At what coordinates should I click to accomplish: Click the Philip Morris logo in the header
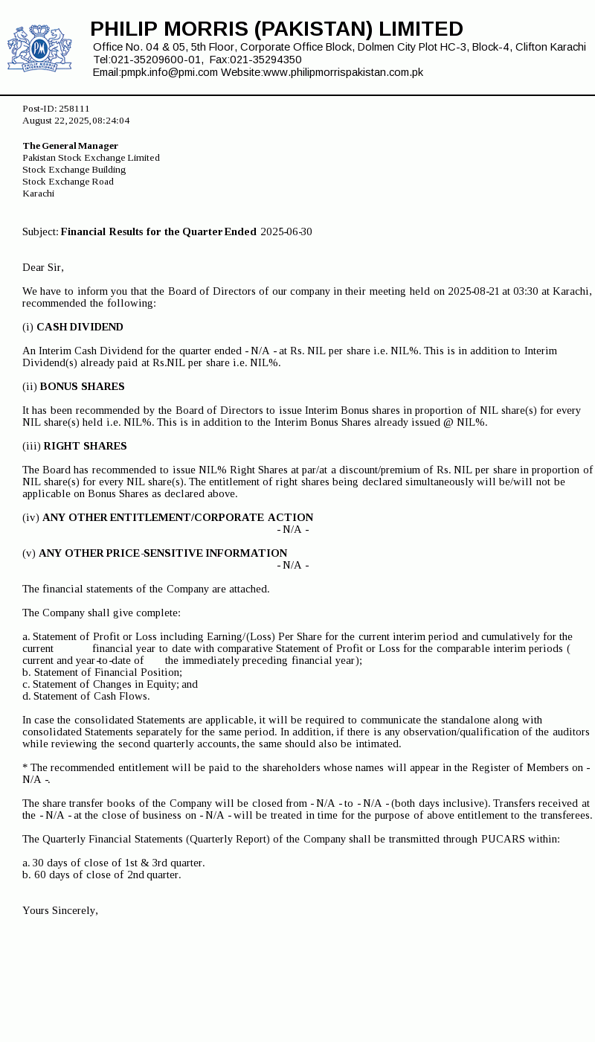tap(39, 48)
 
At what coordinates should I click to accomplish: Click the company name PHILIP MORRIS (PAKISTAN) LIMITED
tap(277, 29)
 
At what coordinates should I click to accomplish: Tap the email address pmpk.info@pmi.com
tap(170, 72)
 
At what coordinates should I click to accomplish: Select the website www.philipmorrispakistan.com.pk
tap(343, 72)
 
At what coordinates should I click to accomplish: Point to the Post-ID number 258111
tap(74, 109)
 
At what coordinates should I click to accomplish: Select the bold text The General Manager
tap(71, 146)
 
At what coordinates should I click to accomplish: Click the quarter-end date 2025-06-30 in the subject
tap(286, 231)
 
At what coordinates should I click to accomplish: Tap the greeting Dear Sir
tap(43, 267)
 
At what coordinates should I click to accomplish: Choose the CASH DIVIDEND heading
tap(80, 327)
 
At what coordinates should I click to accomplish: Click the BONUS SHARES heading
tap(82, 386)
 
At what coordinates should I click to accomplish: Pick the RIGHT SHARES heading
tap(85, 446)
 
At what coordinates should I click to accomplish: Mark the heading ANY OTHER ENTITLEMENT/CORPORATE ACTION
tap(178, 517)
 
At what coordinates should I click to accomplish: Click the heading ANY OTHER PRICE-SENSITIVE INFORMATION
tap(163, 553)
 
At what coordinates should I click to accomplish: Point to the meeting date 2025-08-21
tap(473, 291)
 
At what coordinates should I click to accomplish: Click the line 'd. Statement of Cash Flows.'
tap(86, 696)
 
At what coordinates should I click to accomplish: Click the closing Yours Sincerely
tap(60, 910)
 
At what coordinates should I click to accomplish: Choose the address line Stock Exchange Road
tap(68, 182)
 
